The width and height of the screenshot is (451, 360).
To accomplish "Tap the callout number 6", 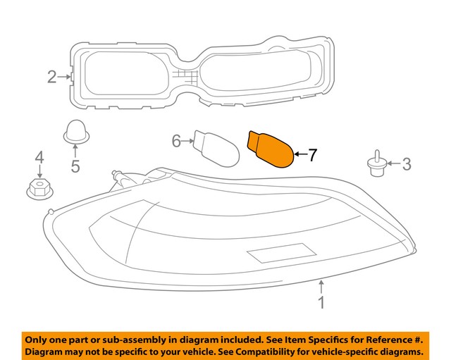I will pos(177,142).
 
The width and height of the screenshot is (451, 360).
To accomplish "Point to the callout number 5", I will pos(75,167).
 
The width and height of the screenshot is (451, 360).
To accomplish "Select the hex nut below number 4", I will pos(39,188).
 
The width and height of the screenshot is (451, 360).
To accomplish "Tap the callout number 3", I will pos(407,165).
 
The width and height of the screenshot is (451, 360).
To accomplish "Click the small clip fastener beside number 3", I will pos(378,165).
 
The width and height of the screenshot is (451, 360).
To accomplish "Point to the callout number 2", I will pos(52,76).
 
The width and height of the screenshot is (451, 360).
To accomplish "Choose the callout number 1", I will pos(321,304).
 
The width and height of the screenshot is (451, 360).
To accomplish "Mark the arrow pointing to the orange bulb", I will pos(299,154).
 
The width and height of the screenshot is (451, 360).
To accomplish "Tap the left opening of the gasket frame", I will pos(124,76).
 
